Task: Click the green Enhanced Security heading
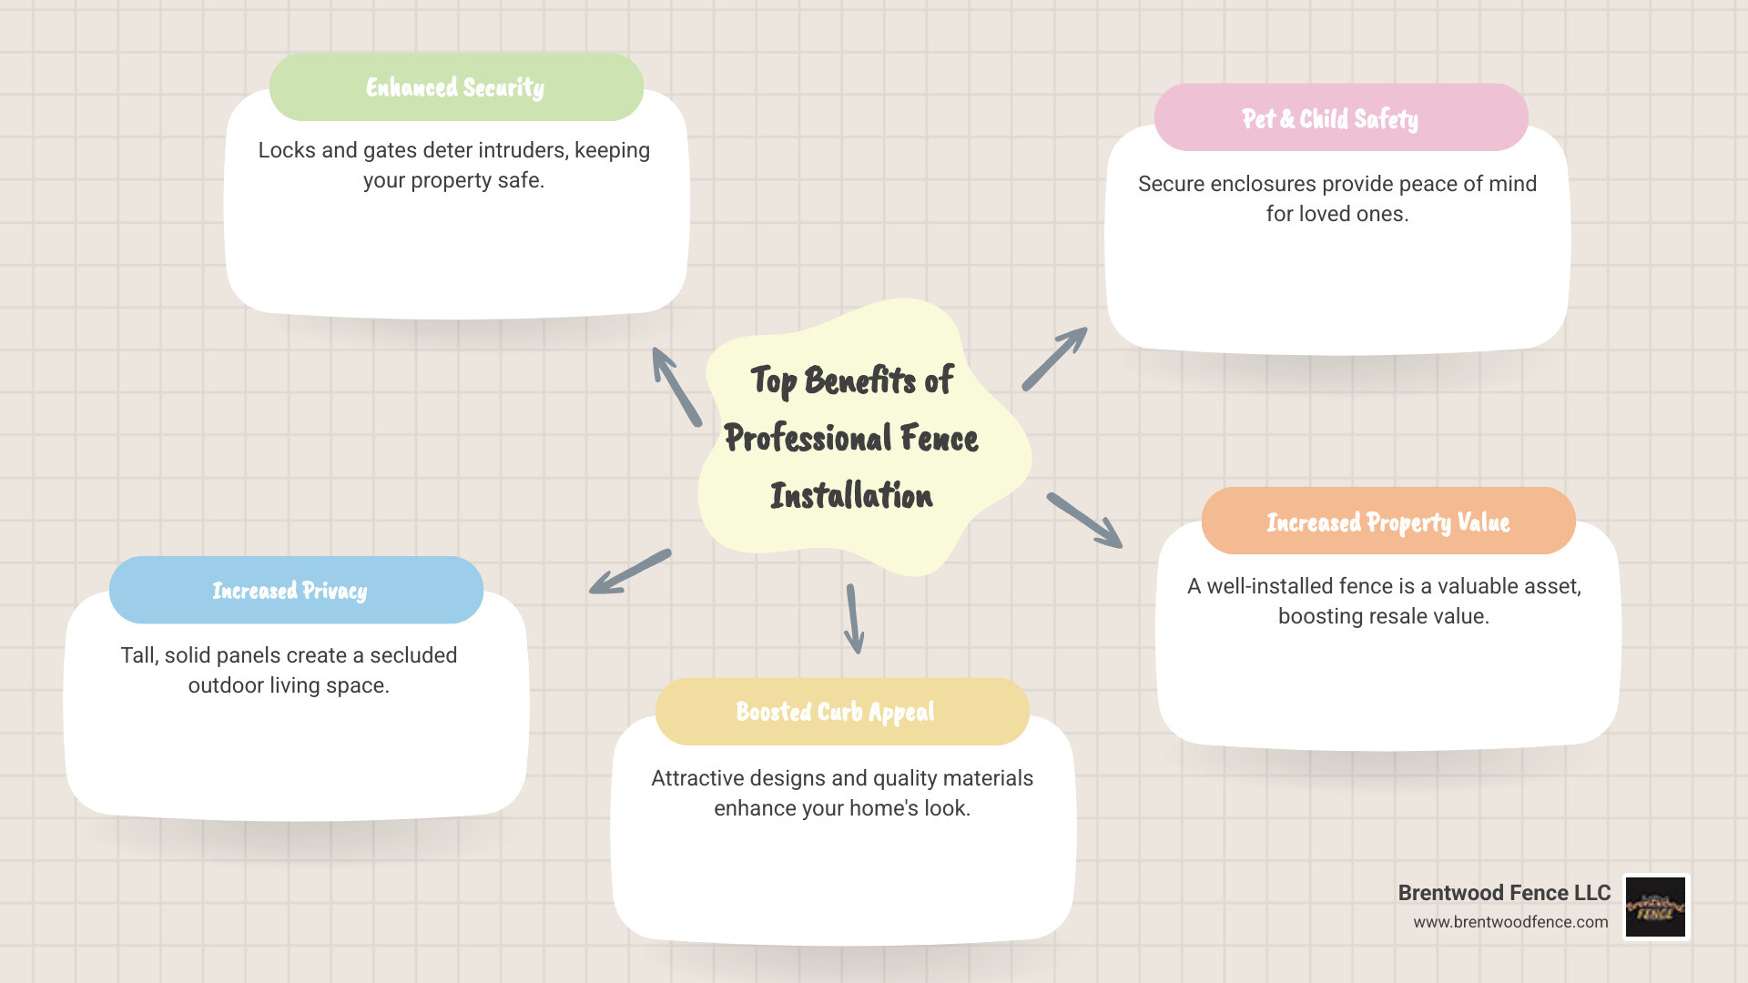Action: coord(455,87)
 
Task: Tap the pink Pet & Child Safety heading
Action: coord(1330,118)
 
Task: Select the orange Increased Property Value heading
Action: coord(1387,522)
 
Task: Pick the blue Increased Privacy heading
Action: coord(290,591)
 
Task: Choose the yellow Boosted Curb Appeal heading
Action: coord(835,712)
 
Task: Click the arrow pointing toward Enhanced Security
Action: coord(676,387)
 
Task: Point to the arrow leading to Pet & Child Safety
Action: coord(1054,359)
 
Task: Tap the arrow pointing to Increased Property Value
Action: coord(1084,520)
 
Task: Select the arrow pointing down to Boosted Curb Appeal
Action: coord(854,619)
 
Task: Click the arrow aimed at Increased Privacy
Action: coord(630,572)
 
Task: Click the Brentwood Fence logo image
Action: coord(1656,907)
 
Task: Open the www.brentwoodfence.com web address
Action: coord(1510,922)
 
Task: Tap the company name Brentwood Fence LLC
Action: coord(1504,893)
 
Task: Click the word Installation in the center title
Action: coord(851,496)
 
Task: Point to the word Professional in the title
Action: coord(807,439)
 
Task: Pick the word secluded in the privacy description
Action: coord(413,655)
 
